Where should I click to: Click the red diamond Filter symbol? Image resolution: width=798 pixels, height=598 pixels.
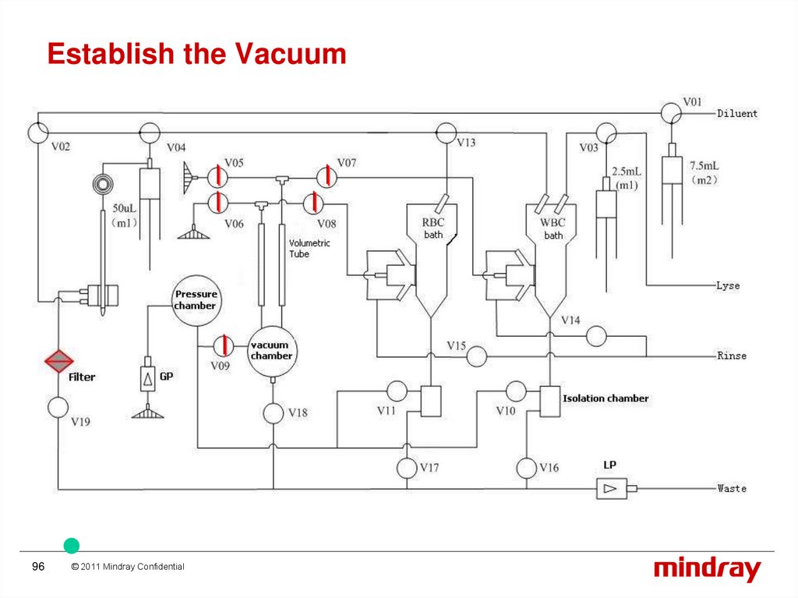pyautogui.click(x=58, y=361)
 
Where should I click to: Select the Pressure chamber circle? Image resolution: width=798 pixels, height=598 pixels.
pyautogui.click(x=196, y=300)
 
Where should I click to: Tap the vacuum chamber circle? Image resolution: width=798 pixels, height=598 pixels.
pyautogui.click(x=271, y=350)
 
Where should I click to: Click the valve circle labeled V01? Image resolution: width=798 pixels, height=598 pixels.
pyautogui.click(x=670, y=114)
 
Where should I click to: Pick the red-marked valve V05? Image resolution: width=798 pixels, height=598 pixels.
pyautogui.click(x=217, y=176)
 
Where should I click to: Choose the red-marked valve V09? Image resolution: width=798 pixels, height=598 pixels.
pyautogui.click(x=222, y=345)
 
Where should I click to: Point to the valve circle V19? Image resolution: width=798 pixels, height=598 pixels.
pyautogui.click(x=58, y=407)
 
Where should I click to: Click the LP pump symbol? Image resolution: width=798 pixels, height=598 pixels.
pyautogui.click(x=609, y=489)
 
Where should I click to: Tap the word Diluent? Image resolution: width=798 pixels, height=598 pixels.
pyautogui.click(x=736, y=114)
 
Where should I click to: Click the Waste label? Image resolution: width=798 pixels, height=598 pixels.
pyautogui.click(x=732, y=489)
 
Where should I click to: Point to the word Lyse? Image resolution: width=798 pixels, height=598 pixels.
pyautogui.click(x=729, y=285)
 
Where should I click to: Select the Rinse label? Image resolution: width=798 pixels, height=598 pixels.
pyautogui.click(x=732, y=356)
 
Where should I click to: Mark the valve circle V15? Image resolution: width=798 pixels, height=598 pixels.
pyautogui.click(x=475, y=356)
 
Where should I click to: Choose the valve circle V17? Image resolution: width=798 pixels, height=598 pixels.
pyautogui.click(x=407, y=468)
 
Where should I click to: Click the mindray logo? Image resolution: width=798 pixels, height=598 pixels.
pyautogui.click(x=707, y=569)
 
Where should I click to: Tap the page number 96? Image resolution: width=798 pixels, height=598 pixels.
pyautogui.click(x=38, y=567)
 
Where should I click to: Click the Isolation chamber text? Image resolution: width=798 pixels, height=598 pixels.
pyautogui.click(x=606, y=398)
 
